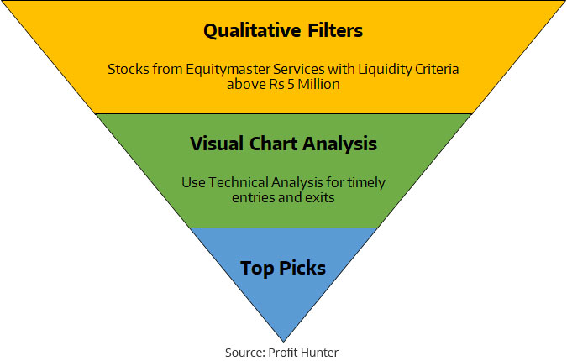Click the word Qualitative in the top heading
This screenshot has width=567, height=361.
[252, 31]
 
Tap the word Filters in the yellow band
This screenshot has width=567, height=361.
[335, 30]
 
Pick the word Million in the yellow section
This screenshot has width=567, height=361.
[318, 84]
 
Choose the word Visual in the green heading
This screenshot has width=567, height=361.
[217, 144]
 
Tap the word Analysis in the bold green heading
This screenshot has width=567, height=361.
[340, 144]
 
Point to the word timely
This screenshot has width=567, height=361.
[366, 183]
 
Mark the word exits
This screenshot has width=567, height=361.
[320, 197]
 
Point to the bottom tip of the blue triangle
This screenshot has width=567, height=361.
[284, 342]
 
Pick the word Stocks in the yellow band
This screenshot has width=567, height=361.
[129, 69]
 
